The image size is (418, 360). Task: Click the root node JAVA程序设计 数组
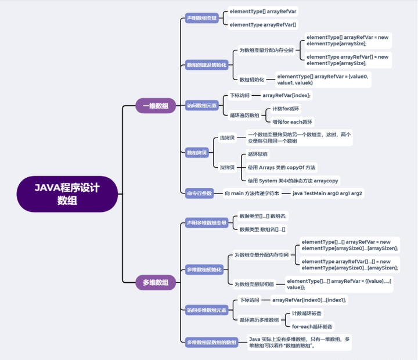(x=67, y=194)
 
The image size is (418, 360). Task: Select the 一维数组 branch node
(x=155, y=106)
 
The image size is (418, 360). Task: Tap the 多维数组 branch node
(x=155, y=283)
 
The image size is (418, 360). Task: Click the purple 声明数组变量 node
(x=201, y=18)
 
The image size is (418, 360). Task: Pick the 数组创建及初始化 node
(x=206, y=65)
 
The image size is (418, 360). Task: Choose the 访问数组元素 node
(x=201, y=106)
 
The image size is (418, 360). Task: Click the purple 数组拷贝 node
(x=196, y=153)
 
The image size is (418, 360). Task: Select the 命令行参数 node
(x=199, y=193)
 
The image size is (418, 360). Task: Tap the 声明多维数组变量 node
(x=206, y=223)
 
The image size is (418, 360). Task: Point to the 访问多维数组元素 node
(x=206, y=310)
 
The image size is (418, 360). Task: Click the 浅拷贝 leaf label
(x=227, y=138)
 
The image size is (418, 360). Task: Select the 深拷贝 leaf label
(x=227, y=167)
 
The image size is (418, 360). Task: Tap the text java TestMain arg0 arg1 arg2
(x=327, y=193)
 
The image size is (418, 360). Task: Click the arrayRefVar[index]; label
(x=286, y=95)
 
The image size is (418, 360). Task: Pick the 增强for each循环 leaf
(x=293, y=122)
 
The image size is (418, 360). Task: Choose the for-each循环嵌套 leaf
(x=312, y=327)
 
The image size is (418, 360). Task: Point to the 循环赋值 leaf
(x=258, y=154)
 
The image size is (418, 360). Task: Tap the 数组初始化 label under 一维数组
(x=251, y=80)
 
